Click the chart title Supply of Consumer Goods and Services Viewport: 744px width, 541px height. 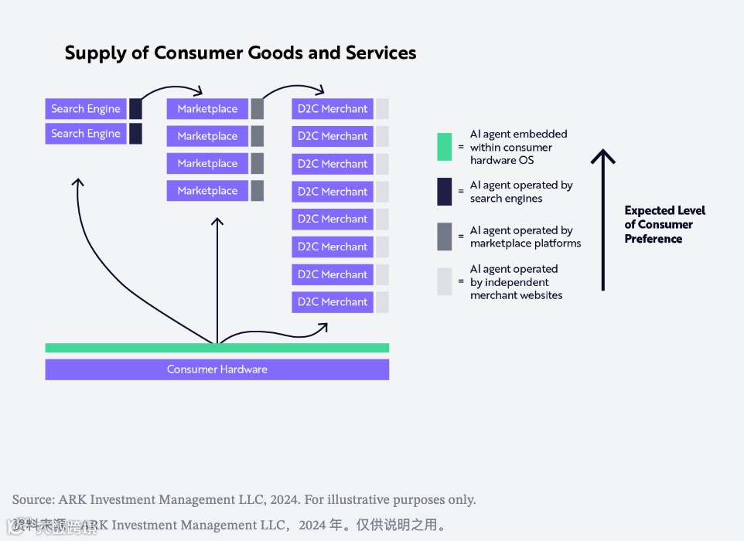pyautogui.click(x=241, y=53)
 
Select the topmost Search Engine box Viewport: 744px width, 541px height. pyautogui.click(x=86, y=109)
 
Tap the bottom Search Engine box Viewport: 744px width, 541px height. pyautogui.click(x=86, y=134)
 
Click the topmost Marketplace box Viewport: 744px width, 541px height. pyautogui.click(x=207, y=109)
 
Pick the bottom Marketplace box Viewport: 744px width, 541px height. pyautogui.click(x=207, y=191)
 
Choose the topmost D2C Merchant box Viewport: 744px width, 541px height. pyautogui.click(x=333, y=109)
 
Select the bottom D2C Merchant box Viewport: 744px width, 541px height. pyautogui.click(x=333, y=302)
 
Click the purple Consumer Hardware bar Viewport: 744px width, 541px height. pyautogui.click(x=217, y=369)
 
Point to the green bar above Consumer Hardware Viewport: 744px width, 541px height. pyautogui.click(x=217, y=348)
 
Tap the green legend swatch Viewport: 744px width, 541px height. pyautogui.click(x=444, y=147)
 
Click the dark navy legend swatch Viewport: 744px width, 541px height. pyautogui.click(x=444, y=192)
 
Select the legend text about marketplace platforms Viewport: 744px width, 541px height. pyautogui.click(x=525, y=236)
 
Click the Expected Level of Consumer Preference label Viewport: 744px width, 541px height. pyautogui.click(x=664, y=224)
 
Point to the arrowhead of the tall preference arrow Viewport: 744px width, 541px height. pyautogui.click(x=602, y=155)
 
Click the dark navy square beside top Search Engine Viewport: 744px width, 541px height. pyautogui.click(x=135, y=109)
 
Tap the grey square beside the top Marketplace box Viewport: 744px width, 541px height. pyautogui.click(x=258, y=109)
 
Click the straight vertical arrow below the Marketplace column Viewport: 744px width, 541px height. pyautogui.click(x=217, y=278)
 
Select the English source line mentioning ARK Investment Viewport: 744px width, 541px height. pyautogui.click(x=244, y=499)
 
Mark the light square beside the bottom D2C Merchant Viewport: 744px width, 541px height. pyautogui.click(x=382, y=302)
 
